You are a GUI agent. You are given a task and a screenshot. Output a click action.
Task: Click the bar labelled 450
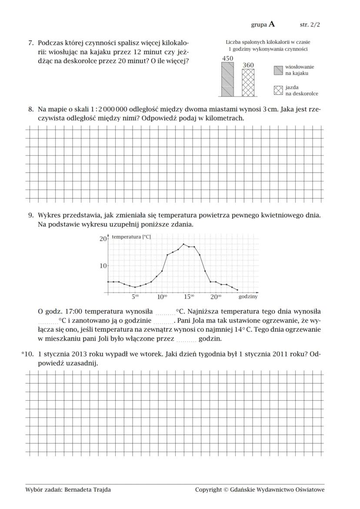[x=227, y=79]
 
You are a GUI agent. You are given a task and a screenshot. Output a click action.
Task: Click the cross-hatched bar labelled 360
[x=248, y=83]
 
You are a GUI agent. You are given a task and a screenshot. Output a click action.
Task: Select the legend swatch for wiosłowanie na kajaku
[x=278, y=70]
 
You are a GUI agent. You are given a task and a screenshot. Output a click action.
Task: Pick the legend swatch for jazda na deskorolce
[x=278, y=90]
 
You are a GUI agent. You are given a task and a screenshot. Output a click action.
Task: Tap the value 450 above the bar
[x=227, y=58]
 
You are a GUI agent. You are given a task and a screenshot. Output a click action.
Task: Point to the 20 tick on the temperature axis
[x=103, y=239]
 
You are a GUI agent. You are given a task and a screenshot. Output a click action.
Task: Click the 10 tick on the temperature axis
[x=103, y=266]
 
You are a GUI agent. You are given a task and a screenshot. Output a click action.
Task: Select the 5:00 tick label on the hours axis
[x=135, y=297]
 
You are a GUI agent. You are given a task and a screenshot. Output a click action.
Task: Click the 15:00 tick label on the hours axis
[x=189, y=297]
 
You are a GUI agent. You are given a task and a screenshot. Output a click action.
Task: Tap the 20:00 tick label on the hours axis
[x=216, y=297]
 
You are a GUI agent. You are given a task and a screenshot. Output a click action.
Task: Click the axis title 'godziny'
[x=248, y=297]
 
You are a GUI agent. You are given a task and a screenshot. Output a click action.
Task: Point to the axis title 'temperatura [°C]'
[x=131, y=237]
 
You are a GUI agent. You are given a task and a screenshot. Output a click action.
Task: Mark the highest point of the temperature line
[x=183, y=244]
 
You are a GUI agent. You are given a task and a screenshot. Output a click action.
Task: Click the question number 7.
[x=31, y=43]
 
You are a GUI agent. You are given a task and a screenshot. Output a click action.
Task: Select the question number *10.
[x=27, y=354]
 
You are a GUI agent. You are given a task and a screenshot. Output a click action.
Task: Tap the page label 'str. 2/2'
[x=310, y=25]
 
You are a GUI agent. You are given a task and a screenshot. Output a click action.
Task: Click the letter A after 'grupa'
[x=272, y=24]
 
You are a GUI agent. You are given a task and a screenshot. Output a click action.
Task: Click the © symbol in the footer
[x=226, y=490]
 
